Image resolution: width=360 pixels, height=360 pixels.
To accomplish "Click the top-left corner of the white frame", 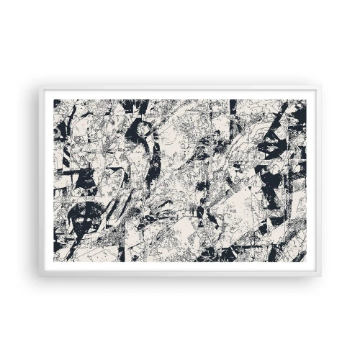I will tap(40, 88).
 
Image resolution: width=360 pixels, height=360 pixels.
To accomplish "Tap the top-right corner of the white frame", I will tap(320, 88).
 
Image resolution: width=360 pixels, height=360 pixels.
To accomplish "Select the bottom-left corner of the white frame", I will tap(40, 274).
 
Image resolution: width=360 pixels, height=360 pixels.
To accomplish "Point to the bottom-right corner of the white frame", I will tap(320, 274).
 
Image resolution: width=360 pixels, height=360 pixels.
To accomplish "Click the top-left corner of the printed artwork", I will tap(55, 100).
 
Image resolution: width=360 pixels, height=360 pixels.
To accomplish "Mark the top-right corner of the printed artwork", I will tap(306, 100).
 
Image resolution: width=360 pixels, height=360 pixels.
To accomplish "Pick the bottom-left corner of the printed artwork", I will tap(55, 262).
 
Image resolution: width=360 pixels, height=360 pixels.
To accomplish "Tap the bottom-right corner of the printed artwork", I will tap(306, 262).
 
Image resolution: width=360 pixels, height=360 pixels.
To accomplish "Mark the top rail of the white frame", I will tap(180, 90).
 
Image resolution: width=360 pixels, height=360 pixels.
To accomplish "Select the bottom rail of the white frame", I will tap(180, 272).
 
